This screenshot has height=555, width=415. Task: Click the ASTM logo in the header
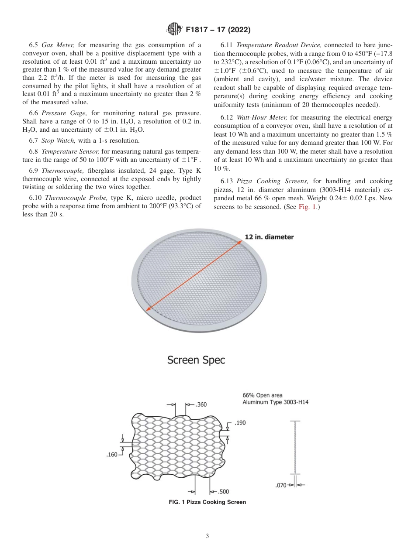(175, 30)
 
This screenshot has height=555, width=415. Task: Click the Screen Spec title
(197, 360)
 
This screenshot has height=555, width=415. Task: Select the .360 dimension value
(201, 404)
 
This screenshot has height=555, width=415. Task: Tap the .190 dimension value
(240, 423)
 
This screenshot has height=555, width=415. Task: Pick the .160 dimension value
(112, 455)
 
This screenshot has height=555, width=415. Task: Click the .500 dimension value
(223, 492)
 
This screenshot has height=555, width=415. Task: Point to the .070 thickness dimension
(282, 485)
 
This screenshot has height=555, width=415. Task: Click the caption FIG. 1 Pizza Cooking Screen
(207, 502)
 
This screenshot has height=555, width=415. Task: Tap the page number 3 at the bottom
(207, 536)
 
